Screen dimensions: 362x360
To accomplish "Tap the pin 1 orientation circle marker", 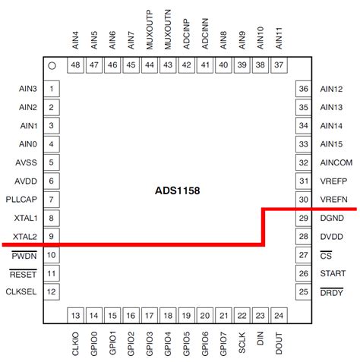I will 52,66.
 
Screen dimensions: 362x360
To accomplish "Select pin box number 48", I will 75,65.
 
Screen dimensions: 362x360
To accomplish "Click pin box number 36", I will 304,89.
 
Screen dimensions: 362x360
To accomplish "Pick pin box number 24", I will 279,316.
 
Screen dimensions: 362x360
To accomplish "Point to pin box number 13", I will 75,316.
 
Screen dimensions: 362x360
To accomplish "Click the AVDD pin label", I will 26,181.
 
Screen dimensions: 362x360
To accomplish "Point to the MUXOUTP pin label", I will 149,30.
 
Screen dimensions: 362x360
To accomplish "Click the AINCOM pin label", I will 335,162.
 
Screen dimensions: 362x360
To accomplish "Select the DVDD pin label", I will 332,237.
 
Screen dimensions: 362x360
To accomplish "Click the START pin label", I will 333,273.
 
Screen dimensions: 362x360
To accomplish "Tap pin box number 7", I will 50,200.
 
